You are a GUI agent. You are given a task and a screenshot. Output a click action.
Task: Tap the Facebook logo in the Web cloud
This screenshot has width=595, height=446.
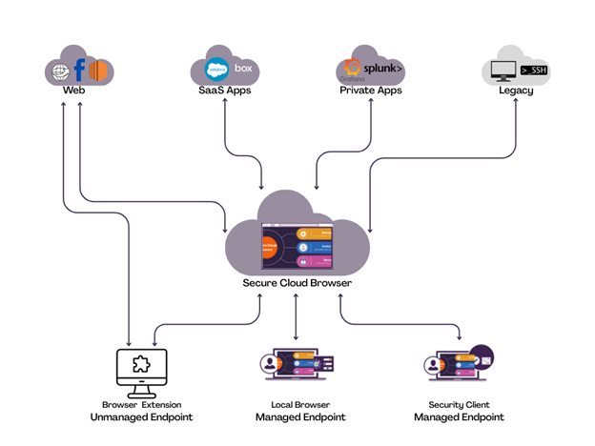(x=80, y=70)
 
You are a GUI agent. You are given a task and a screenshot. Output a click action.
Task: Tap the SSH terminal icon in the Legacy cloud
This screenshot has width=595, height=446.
(x=534, y=70)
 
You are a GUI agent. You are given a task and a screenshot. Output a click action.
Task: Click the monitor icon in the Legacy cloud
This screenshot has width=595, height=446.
(x=502, y=70)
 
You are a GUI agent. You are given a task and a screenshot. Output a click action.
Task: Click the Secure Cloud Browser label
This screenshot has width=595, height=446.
(x=297, y=284)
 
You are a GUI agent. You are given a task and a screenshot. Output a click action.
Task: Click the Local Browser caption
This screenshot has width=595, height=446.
(x=299, y=405)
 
